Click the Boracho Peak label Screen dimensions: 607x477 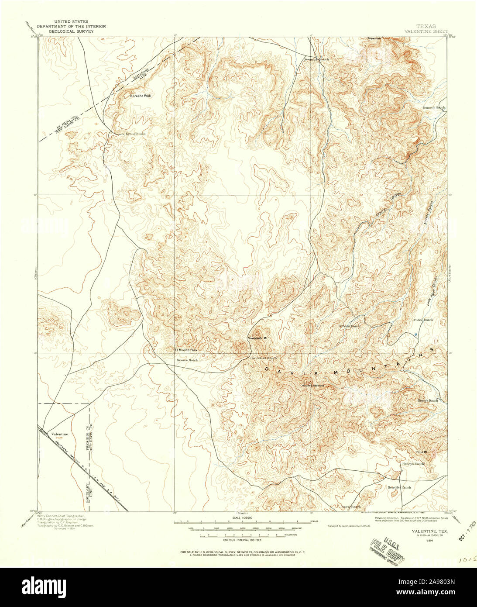coord(140,96)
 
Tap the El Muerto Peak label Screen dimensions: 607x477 coord(186,350)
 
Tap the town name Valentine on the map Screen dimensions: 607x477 coord(60,434)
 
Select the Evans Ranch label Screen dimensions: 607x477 coord(135,134)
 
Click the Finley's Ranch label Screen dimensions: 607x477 coord(413,464)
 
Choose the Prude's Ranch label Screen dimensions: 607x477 coord(422,320)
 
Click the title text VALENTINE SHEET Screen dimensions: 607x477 coord(426,31)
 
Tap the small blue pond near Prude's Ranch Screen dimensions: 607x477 coord(416,335)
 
